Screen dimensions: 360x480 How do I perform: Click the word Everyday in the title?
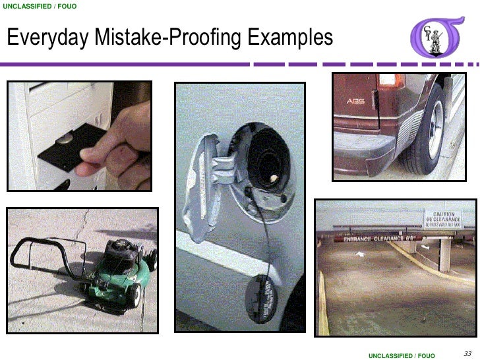coord(45,39)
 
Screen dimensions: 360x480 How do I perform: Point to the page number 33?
coord(469,351)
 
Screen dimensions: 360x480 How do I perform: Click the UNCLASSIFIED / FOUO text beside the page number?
coord(402,355)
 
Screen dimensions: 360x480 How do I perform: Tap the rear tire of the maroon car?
coord(426,138)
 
